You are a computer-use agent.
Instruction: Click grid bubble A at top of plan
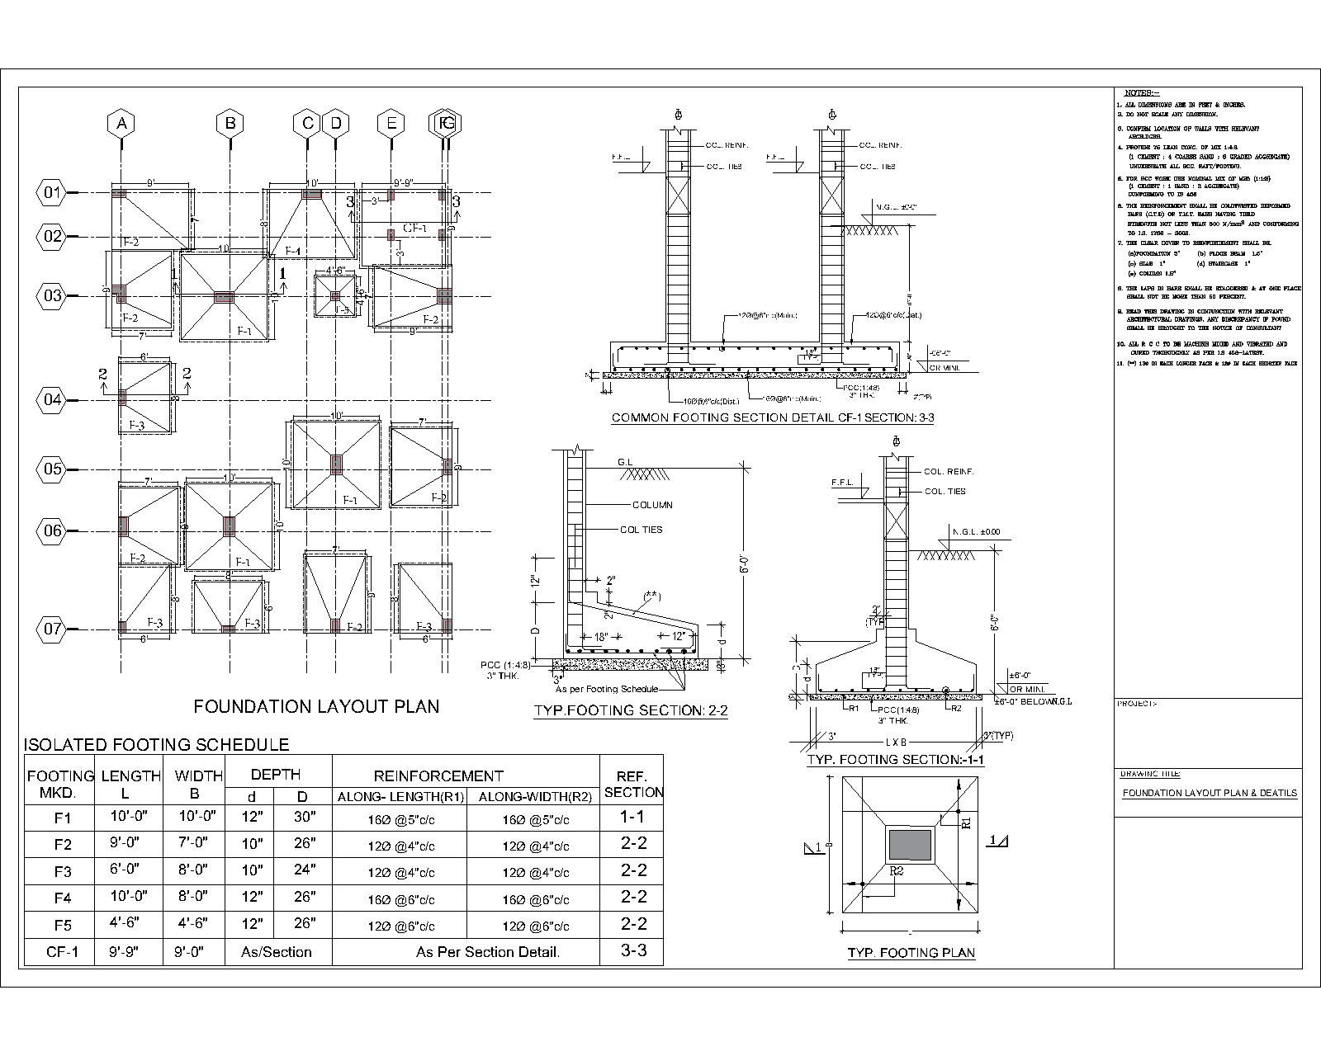121,124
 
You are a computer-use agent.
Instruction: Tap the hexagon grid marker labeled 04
53,400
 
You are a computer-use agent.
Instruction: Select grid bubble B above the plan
230,124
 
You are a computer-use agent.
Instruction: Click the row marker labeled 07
53,629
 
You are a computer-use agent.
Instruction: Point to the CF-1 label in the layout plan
414,228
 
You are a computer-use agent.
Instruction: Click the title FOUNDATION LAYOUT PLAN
316,706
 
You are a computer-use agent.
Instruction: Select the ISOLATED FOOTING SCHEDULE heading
157,745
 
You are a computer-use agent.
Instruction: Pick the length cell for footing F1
130,818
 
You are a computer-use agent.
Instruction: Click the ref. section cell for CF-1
632,950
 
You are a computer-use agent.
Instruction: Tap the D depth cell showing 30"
302,818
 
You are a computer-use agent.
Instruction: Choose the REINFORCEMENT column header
438,775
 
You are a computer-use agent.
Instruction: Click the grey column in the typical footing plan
909,846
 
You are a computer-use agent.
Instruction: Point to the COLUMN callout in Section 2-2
652,505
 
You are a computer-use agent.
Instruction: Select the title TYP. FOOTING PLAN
911,953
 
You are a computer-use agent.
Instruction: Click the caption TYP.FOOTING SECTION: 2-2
631,710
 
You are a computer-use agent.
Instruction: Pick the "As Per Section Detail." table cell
488,952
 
